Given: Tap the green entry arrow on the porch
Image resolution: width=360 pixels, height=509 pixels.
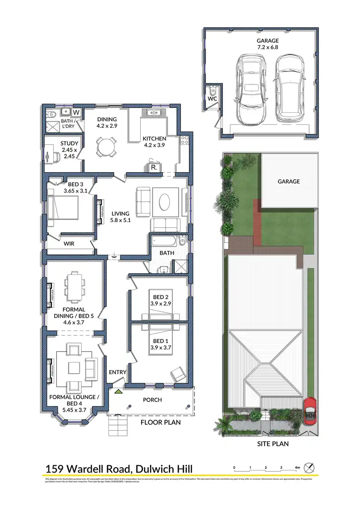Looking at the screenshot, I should tap(118, 392).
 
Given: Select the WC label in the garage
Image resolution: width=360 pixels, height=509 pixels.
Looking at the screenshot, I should tap(213, 99).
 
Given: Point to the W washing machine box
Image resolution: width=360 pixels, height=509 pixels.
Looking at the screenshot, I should tap(76, 113).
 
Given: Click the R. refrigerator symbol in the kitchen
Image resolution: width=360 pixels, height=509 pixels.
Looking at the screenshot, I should tap(154, 168).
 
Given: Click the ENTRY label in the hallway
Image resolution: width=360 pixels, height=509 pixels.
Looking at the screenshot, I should tap(117, 372).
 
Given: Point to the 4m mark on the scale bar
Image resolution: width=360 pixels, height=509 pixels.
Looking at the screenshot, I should tap(297, 467).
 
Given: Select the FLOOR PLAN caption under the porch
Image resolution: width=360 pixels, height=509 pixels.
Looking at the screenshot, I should tap(160, 423).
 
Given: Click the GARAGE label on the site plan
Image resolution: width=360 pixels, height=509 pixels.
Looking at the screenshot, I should tap(288, 181).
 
